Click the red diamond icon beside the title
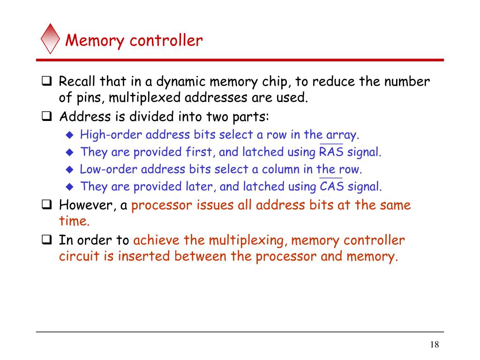[50, 38]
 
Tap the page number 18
[434, 345]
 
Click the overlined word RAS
[331, 152]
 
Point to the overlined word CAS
[331, 187]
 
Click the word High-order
[111, 135]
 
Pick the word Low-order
[109, 170]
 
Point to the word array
[343, 135]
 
